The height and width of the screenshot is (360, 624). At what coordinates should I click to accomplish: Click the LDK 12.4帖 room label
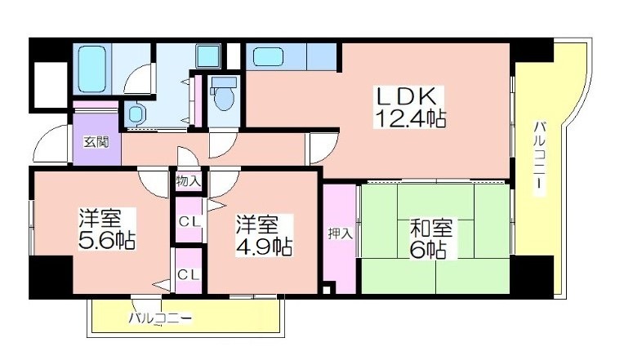409,107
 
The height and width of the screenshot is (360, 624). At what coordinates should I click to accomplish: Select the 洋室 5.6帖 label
107,229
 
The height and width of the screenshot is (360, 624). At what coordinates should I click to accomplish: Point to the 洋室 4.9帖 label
265,235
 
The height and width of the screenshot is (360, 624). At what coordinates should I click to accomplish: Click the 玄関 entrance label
96,142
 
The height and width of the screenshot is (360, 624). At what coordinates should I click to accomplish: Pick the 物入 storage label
188,181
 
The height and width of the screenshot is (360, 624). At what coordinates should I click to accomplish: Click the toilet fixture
224,94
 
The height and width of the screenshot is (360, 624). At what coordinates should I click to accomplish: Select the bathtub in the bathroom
92,69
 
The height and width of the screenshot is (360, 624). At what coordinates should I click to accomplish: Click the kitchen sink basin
268,56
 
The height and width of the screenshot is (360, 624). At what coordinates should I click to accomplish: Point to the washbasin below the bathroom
136,114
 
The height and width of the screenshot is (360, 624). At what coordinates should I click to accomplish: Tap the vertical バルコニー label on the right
540,158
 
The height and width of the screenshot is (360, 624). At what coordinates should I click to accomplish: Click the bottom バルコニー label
160,318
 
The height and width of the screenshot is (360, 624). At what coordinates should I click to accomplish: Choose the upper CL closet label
189,221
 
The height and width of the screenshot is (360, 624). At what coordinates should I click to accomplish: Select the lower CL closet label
189,274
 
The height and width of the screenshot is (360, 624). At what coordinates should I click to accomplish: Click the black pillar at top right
532,50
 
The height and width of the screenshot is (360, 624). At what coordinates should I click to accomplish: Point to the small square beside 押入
327,290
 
